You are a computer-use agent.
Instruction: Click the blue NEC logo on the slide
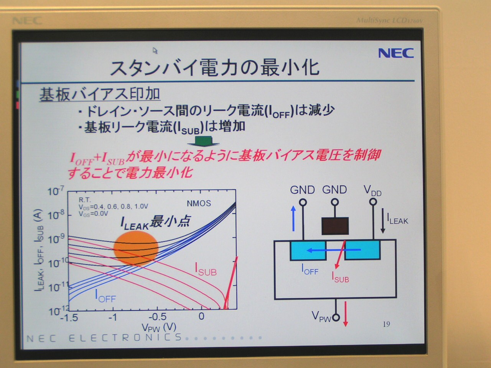pos(396,53)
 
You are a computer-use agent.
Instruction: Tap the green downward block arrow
pos(203,141)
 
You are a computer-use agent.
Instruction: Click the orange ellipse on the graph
pos(136,248)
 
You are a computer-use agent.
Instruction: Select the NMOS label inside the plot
pos(199,203)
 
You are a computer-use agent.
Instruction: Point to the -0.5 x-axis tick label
pos(158,317)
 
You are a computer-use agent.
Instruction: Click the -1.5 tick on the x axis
pos(69,317)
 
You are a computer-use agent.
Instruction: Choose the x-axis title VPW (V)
pos(159,327)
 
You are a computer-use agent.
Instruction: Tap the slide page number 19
pos(386,324)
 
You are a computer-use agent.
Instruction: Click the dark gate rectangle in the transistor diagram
pos(335,226)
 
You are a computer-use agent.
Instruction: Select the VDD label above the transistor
pos(372,191)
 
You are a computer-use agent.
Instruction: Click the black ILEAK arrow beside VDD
pos(383,221)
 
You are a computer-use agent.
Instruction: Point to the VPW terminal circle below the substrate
pos(336,317)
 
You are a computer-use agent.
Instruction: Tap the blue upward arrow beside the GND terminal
pos(294,219)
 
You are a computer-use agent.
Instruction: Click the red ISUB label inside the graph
pos(206,269)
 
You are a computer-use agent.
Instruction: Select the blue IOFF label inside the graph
pos(105,296)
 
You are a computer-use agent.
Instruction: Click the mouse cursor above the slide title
pos(155,51)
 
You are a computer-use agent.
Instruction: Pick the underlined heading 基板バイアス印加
pos(100,95)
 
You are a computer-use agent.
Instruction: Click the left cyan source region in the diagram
pos(308,250)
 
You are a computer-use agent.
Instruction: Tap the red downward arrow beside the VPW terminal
pos(346,314)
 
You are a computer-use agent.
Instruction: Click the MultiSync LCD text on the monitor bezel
pos(389,21)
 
